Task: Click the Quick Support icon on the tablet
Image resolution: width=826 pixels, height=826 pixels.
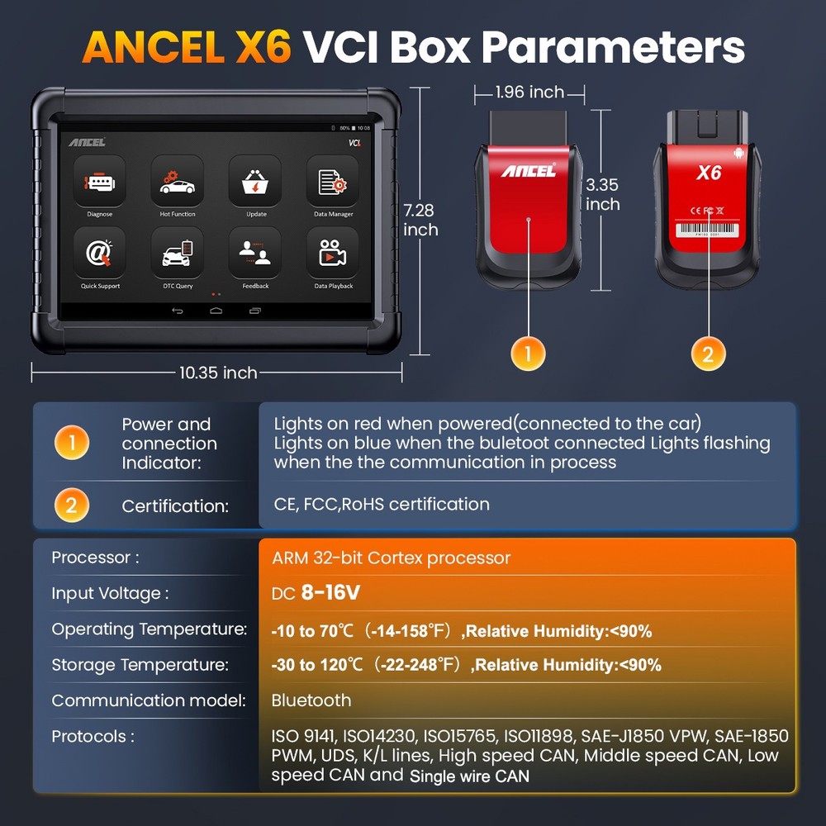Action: click(x=99, y=252)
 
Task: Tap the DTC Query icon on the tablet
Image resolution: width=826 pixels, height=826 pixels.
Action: click(x=178, y=252)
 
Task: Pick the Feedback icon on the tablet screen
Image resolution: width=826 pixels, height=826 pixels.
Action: click(x=256, y=252)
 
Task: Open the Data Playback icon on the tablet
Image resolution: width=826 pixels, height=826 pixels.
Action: click(x=333, y=252)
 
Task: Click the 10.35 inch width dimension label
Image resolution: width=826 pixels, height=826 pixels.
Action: click(x=218, y=373)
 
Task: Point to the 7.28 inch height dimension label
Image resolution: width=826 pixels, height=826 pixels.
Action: click(x=420, y=221)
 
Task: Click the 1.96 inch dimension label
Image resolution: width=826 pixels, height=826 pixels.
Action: click(x=529, y=92)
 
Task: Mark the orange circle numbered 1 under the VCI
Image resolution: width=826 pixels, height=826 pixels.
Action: click(x=529, y=354)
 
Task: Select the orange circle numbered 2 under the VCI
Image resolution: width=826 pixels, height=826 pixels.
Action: click(x=708, y=354)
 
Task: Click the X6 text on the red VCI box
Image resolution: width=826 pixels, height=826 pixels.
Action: click(x=709, y=172)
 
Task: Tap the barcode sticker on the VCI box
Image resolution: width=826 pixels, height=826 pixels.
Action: click(x=709, y=232)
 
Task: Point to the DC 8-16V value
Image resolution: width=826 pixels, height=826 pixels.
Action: click(x=316, y=593)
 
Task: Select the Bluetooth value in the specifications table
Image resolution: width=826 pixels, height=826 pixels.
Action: click(x=311, y=700)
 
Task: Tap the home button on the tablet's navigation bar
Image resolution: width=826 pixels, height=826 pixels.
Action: click(x=216, y=311)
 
